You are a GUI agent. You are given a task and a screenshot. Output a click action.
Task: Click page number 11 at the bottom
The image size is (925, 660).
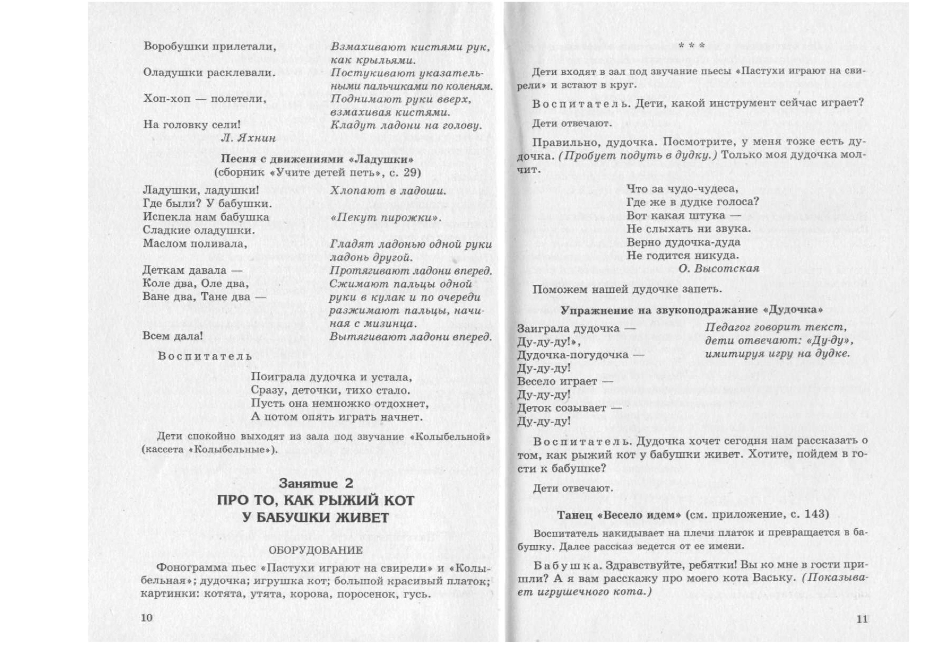[x=862, y=619]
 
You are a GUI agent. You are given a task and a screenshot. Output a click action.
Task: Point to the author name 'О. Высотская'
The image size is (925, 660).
[x=719, y=269]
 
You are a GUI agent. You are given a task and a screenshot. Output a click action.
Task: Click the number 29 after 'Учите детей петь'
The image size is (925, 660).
[x=412, y=173]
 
